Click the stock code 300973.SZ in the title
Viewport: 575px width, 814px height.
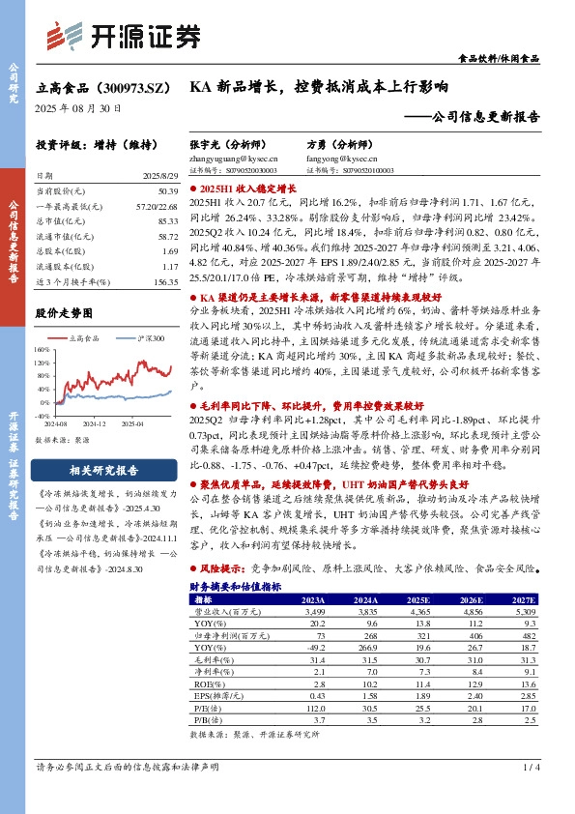click(129, 86)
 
